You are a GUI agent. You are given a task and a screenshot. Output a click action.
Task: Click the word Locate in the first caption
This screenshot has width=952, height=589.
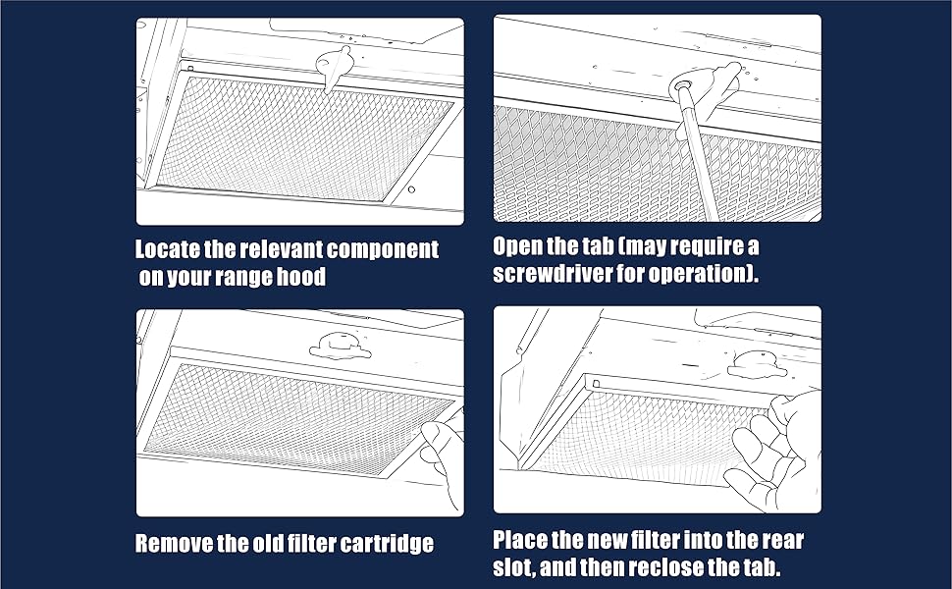coord(168,249)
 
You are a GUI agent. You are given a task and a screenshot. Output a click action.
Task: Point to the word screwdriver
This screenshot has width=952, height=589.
coord(552,273)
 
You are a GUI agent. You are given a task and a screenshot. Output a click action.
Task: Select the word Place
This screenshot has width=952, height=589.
coord(520,540)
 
